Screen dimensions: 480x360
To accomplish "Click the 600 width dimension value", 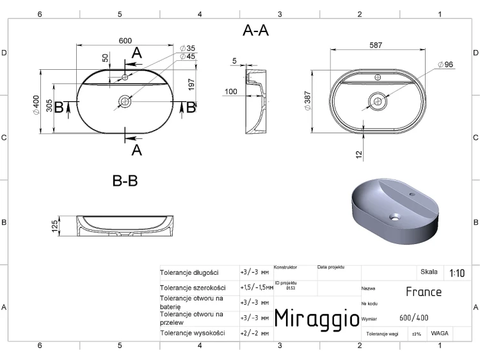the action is tap(125, 41).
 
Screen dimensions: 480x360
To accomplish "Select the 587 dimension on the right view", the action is tap(376, 45).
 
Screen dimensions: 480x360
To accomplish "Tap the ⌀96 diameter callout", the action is tap(445, 64).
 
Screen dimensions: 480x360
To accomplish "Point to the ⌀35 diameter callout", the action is tap(188, 48).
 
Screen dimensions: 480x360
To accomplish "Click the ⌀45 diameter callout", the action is tap(188, 56).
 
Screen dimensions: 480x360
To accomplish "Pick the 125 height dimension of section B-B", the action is tap(55, 226).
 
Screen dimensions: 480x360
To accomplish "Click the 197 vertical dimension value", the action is tap(191, 85).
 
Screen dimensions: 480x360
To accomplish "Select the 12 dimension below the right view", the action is tap(359, 155).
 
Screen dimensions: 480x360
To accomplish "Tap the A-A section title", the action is tap(255, 31).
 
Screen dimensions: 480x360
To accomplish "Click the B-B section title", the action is tap(125, 181).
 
